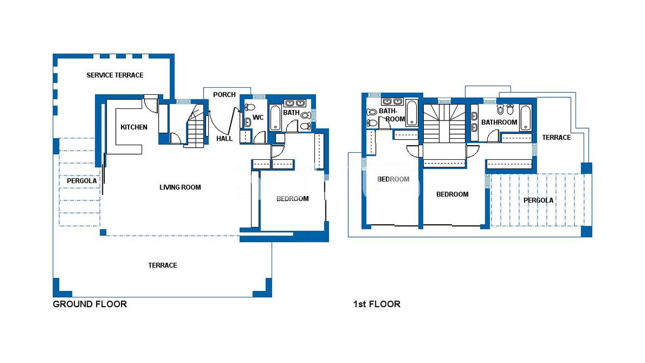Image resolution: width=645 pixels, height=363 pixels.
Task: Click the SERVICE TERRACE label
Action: (x=115, y=75)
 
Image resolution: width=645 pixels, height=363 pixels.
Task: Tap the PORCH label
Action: (x=224, y=94)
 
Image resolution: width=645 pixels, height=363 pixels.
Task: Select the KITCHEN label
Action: (x=134, y=127)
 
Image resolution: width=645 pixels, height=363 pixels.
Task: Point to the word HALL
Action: (x=224, y=139)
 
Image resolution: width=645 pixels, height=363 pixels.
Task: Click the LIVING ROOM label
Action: (x=180, y=187)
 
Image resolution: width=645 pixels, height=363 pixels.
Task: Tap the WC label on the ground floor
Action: (x=258, y=117)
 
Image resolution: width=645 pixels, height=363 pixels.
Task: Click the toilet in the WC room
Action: (x=250, y=107)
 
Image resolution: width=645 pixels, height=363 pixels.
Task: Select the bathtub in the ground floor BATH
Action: (x=275, y=117)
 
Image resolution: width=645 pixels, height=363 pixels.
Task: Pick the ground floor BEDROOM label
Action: (x=293, y=199)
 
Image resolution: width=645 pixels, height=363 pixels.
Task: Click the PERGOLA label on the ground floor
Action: (x=82, y=180)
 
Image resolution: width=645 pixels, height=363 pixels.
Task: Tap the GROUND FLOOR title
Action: (x=90, y=304)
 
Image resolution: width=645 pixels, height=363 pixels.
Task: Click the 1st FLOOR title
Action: (x=377, y=304)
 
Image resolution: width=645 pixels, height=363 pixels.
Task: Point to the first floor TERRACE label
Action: (x=556, y=138)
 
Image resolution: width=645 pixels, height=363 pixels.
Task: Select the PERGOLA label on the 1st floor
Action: (x=539, y=200)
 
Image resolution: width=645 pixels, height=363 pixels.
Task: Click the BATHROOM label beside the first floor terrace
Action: (x=499, y=122)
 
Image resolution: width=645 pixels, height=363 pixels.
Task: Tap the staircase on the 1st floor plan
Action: (x=444, y=124)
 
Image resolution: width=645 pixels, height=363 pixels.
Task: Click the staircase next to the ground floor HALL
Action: (x=195, y=126)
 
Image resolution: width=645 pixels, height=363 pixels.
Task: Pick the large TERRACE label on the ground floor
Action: (x=163, y=265)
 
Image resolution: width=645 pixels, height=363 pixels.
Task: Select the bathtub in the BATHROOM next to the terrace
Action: (x=526, y=118)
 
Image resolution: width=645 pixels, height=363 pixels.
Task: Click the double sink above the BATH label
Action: (x=295, y=103)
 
